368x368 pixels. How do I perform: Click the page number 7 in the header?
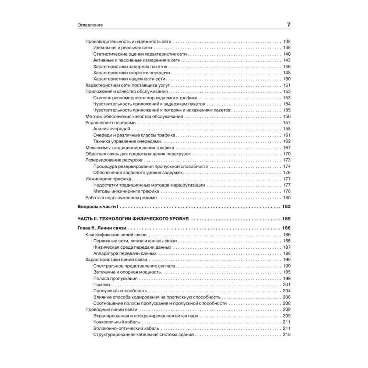289,25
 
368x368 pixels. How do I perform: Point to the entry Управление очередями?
111,123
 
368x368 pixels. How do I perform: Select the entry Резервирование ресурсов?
114,160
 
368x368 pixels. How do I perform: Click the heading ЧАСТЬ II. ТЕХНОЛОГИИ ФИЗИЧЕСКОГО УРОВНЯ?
134,219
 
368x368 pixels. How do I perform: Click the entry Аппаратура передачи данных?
125,253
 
